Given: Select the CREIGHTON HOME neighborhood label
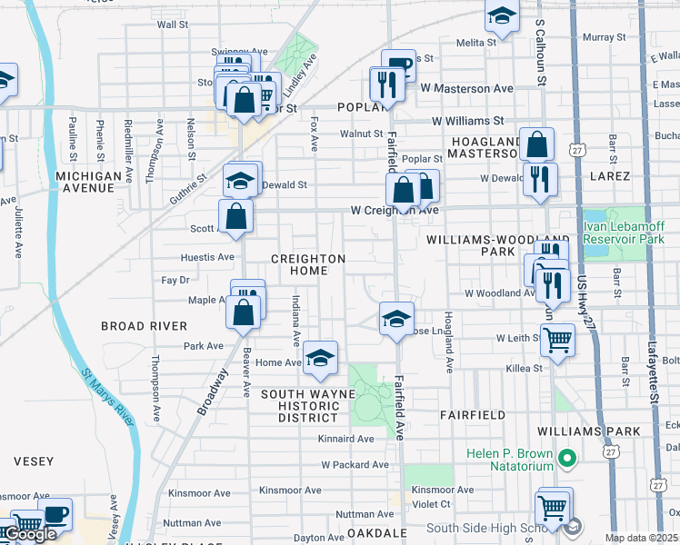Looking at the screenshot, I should point(308,264).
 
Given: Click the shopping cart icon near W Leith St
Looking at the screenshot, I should point(557,340).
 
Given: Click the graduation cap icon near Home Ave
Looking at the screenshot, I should point(320,357).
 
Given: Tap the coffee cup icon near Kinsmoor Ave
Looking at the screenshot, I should point(55,513).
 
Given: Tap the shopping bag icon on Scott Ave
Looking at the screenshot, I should point(235,216).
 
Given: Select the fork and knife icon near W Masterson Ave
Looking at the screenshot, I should point(387,84).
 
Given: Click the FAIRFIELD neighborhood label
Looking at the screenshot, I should point(472,414).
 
